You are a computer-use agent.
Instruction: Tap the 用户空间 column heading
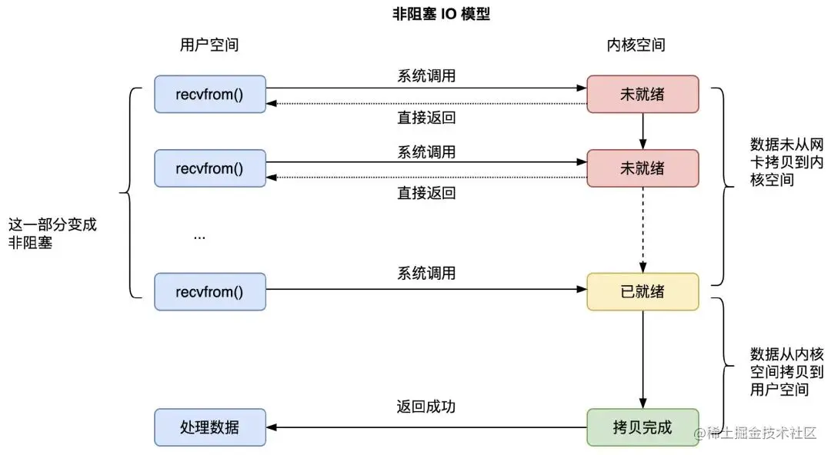tap(204, 45)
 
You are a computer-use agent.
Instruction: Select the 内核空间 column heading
tap(635, 45)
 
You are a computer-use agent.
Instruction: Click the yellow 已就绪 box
tap(642, 292)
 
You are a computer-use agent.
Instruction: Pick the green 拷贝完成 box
tap(642, 427)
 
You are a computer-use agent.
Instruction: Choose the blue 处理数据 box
tap(210, 427)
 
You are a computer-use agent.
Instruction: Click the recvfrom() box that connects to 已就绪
tap(210, 292)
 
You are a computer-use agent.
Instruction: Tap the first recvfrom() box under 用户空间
tap(210, 95)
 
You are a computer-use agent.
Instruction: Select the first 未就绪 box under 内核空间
tap(642, 95)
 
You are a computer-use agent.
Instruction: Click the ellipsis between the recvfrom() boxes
tap(199, 236)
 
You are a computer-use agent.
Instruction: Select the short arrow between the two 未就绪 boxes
tap(642, 131)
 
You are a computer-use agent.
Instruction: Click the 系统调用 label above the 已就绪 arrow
tap(426, 273)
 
